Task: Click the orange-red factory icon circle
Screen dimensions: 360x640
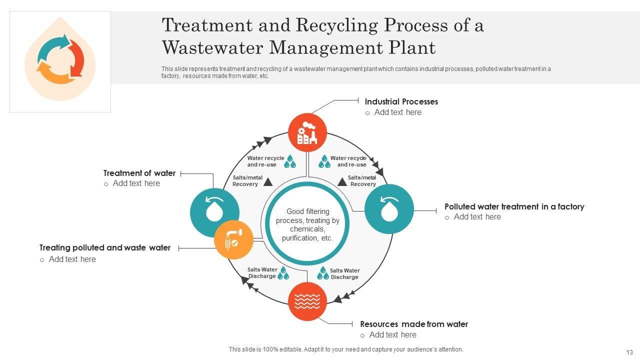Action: [307, 132]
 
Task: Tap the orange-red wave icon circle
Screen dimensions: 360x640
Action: [307, 301]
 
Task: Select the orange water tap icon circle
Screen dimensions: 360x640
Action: [233, 239]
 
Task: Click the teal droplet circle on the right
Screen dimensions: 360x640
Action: [389, 209]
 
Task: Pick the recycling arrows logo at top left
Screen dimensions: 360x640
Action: [60, 58]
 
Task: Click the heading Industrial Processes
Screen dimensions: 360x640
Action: [401, 101]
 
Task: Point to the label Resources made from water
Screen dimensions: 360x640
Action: [414, 324]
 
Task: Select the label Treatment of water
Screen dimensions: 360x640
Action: [139, 173]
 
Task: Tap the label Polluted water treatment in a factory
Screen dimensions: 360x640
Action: [514, 206]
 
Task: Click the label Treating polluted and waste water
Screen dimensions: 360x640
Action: [105, 247]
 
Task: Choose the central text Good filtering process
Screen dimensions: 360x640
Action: [307, 225]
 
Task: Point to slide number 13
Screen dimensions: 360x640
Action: [629, 352]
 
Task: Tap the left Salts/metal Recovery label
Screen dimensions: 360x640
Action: [247, 181]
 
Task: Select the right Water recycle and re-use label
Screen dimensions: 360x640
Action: [348, 161]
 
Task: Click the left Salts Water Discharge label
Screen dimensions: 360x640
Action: [262, 273]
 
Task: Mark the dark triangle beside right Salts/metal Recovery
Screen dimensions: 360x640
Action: [342, 181]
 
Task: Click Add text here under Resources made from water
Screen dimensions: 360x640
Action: [392, 334]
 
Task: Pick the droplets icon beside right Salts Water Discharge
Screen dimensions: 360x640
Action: [323, 273]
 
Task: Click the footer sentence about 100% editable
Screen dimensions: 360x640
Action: [346, 349]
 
